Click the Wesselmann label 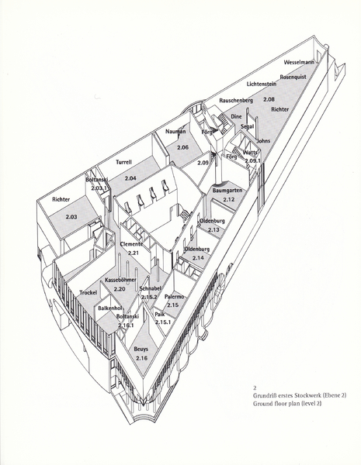[x=299, y=62]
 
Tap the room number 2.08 [x=269, y=99]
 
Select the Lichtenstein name [x=262, y=84]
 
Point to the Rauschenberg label [x=236, y=101]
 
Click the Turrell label [x=123, y=162]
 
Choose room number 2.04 [x=130, y=178]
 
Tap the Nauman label [x=175, y=132]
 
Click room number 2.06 [x=182, y=147]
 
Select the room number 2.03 [x=71, y=217]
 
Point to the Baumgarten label [x=227, y=191]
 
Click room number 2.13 [x=213, y=229]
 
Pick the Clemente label [x=131, y=244]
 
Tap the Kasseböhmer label [x=120, y=280]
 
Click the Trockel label [x=89, y=293]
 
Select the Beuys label [x=141, y=349]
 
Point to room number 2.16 [x=141, y=358]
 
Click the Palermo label [x=175, y=297]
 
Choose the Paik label [x=160, y=315]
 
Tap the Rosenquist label [x=293, y=77]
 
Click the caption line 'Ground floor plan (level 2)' [x=287, y=403]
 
